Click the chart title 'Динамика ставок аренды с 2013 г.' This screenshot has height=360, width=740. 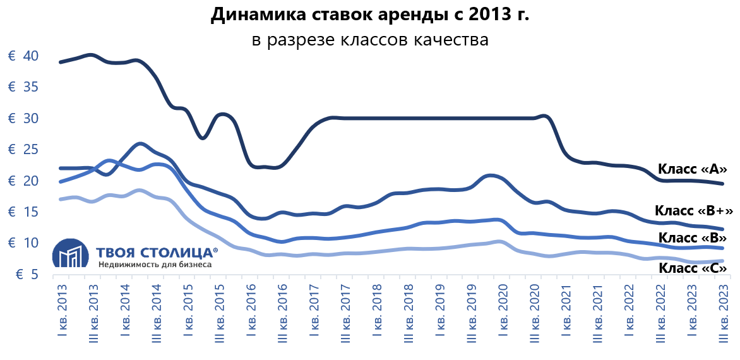point(369,15)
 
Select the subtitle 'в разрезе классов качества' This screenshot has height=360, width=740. point(370,40)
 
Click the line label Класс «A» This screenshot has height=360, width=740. point(693,169)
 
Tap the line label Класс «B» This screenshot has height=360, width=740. point(693,238)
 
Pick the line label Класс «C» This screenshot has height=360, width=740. point(693,268)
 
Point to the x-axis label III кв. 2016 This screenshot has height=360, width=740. point(282,313)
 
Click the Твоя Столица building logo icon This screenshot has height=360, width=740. point(69,254)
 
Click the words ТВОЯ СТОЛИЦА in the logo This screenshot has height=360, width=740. point(157,253)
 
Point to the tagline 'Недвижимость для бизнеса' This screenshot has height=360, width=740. point(154,265)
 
